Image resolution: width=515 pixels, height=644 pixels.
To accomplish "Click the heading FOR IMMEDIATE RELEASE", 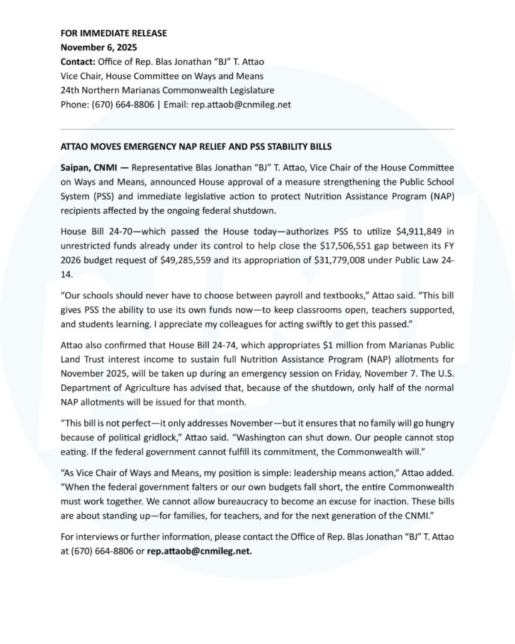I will tap(113, 33).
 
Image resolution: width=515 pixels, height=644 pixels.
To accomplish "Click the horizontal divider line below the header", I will tap(257, 130).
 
